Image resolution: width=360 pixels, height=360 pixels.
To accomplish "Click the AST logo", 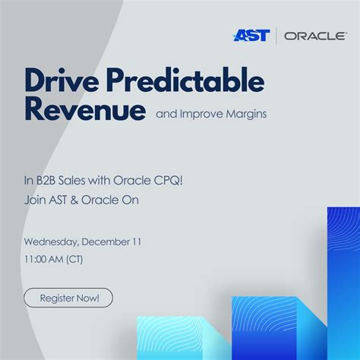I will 252,36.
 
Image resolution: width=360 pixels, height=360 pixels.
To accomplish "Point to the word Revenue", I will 84,110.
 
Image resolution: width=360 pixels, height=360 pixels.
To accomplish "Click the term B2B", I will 48,181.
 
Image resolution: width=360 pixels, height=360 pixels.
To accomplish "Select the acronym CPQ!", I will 156,181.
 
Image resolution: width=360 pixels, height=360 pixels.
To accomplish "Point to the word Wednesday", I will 54,242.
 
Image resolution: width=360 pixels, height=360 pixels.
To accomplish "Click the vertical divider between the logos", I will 276,36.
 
